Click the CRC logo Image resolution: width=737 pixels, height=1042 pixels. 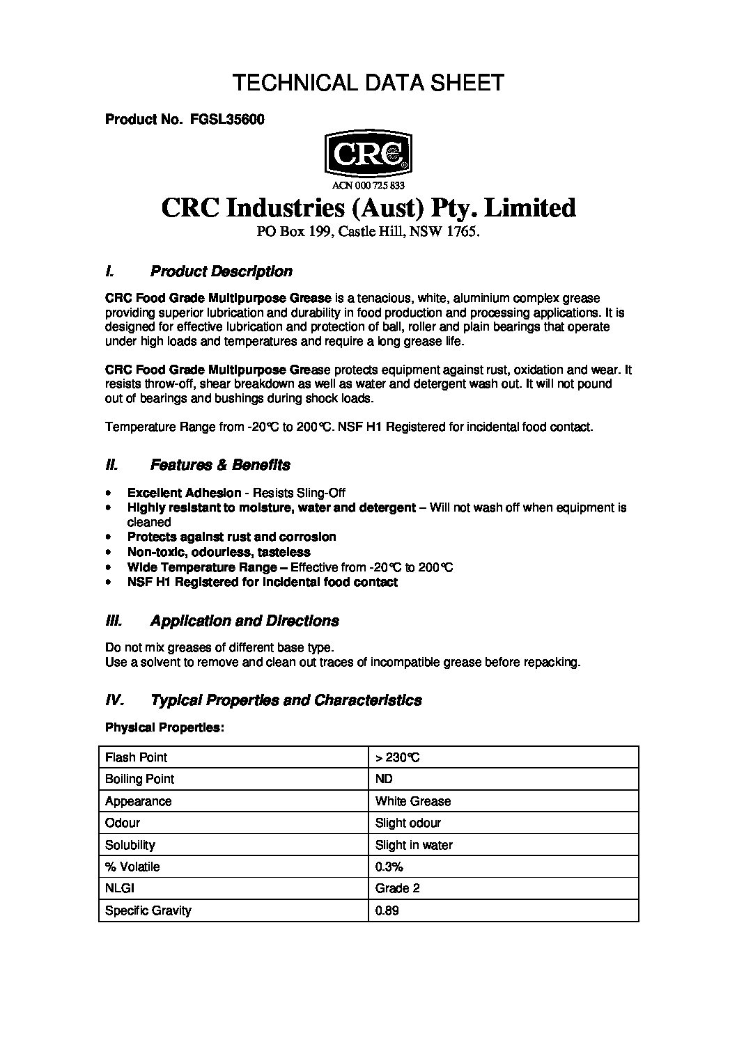[368, 154]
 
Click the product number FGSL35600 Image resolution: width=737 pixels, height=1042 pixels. [226, 119]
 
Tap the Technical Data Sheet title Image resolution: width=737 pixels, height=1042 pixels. [368, 83]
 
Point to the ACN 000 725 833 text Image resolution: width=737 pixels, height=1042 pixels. [368, 185]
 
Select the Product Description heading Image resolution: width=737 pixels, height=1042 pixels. [221, 271]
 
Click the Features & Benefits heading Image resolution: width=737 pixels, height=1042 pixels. [220, 465]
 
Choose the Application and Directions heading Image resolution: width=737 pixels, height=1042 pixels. [245, 621]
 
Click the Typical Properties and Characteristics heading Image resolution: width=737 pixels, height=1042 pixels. [286, 700]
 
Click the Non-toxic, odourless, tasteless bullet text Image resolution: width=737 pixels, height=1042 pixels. [219, 552]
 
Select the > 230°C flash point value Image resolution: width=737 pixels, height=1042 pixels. [397, 757]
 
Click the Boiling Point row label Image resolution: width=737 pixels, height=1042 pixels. [139, 779]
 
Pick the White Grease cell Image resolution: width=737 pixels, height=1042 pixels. [412, 801]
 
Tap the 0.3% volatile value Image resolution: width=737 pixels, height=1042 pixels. [389, 867]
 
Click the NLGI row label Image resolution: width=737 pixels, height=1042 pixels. [120, 888]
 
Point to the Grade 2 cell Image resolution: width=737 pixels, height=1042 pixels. [398, 888]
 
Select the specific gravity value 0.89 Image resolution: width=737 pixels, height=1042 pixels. [387, 910]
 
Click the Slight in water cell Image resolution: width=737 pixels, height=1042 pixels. [414, 845]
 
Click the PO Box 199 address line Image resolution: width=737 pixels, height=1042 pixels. [368, 234]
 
